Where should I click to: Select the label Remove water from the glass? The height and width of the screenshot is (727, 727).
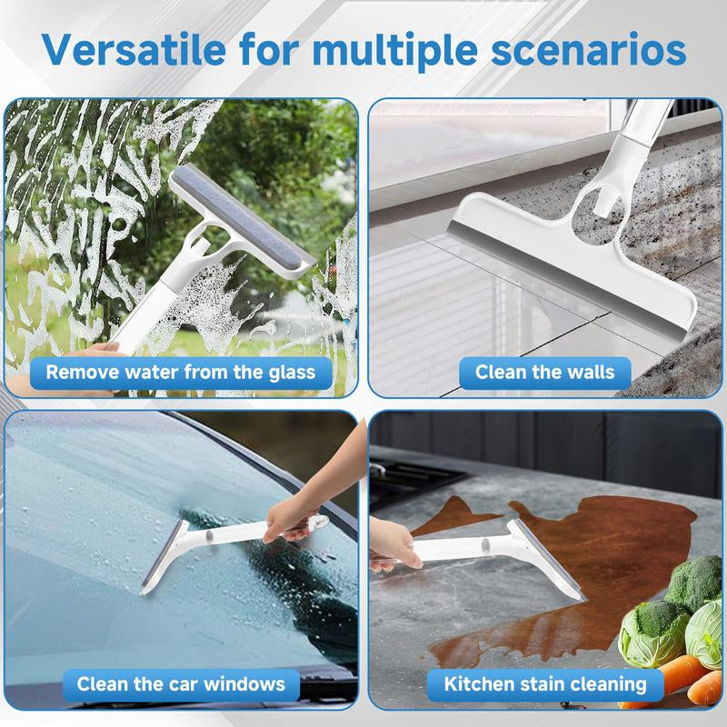181,371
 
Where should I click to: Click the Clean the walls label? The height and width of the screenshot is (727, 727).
544,371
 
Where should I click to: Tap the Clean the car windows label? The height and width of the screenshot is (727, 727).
181,683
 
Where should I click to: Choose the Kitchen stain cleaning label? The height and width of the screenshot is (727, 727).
545,683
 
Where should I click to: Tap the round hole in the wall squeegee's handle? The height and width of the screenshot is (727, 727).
594,194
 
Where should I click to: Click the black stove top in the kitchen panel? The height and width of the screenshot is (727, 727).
409,482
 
